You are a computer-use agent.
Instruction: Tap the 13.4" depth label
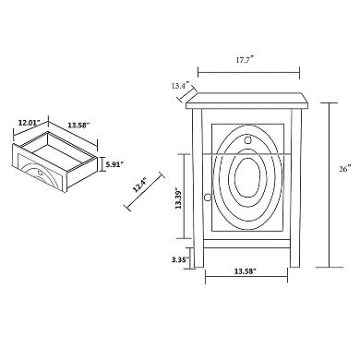180,86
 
